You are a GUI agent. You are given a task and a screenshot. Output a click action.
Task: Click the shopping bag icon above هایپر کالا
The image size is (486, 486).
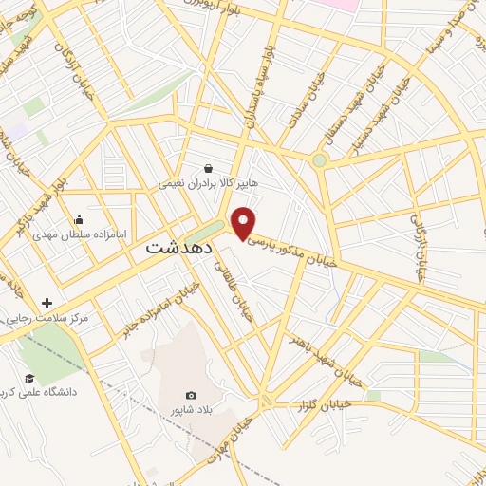[x=208, y=168]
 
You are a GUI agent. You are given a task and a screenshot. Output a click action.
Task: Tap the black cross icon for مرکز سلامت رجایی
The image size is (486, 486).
[x=47, y=303]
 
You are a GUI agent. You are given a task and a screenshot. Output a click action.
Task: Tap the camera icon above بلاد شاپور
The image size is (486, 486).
[x=191, y=395]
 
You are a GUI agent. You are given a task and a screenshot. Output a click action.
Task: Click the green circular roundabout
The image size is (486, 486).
[x=320, y=160]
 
